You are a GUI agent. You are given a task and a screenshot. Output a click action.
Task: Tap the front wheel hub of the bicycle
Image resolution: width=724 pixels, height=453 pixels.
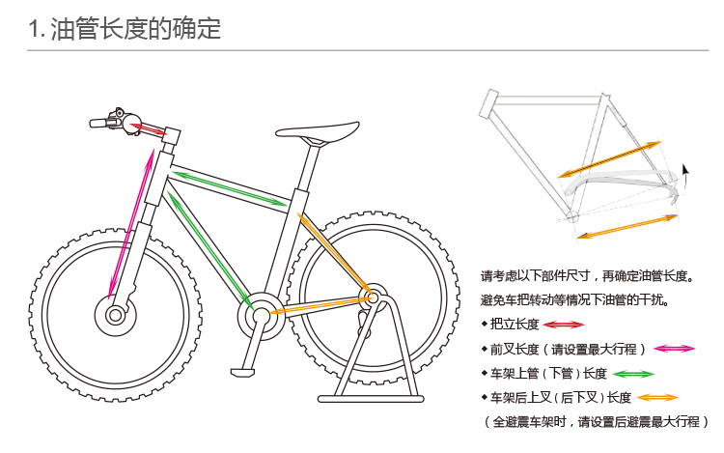116,313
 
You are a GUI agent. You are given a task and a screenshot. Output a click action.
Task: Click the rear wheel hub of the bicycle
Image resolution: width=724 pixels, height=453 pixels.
369,292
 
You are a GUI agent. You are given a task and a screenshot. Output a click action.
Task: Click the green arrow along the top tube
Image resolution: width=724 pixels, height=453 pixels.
228,187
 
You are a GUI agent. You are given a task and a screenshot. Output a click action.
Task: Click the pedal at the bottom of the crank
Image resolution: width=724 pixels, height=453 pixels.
247,369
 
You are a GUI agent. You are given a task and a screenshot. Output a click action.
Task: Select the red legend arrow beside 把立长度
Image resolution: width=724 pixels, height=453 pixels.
564,325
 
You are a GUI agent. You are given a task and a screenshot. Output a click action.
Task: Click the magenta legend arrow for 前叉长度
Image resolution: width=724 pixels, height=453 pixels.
675,349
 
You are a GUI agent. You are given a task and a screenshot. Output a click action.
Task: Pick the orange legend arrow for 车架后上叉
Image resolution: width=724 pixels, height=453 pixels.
656,398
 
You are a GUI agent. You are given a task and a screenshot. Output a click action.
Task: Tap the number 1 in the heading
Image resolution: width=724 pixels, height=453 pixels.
35,31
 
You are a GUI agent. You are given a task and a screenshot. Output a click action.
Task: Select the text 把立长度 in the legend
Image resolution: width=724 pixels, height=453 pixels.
515,325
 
